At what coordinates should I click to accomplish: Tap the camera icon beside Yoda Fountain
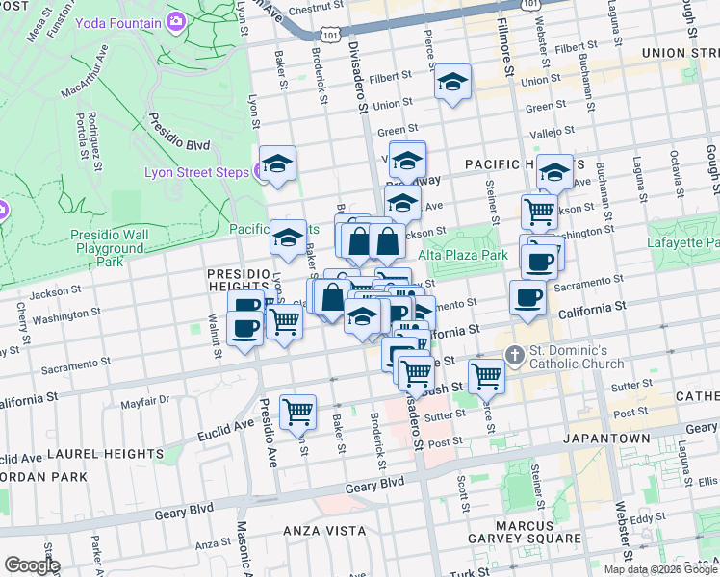176,21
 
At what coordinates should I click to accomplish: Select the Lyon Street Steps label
196,173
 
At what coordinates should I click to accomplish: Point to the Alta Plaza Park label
462,256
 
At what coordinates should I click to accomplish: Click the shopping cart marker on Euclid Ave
297,412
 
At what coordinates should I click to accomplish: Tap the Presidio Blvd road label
177,133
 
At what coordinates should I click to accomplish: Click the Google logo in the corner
33,564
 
